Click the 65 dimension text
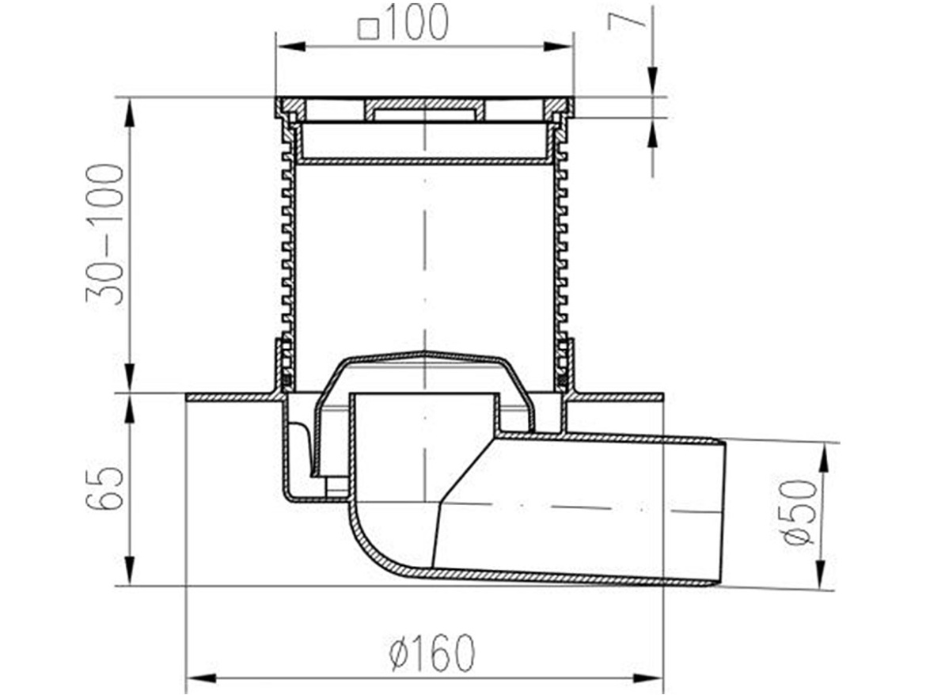(x=106, y=488)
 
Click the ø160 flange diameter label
(x=432, y=652)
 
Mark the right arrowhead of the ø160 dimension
(x=649, y=678)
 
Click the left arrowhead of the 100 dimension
(x=290, y=46)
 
